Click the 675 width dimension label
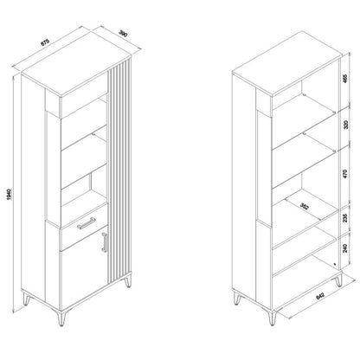(x=45, y=42)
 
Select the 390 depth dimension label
(x=124, y=34)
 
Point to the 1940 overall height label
(x=9, y=195)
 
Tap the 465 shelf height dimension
(x=345, y=79)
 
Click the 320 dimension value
(x=346, y=125)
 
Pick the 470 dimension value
(x=345, y=174)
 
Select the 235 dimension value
(x=345, y=218)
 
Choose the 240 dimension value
(x=345, y=247)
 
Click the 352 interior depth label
(x=305, y=206)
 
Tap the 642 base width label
(x=320, y=296)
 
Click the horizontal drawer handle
(x=86, y=223)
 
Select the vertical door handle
(x=105, y=242)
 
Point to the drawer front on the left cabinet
(x=84, y=226)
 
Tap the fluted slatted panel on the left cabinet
(x=119, y=170)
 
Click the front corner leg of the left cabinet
(x=61, y=318)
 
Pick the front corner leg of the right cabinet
(x=272, y=318)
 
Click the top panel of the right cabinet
(x=287, y=63)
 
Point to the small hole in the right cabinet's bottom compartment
(x=335, y=264)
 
